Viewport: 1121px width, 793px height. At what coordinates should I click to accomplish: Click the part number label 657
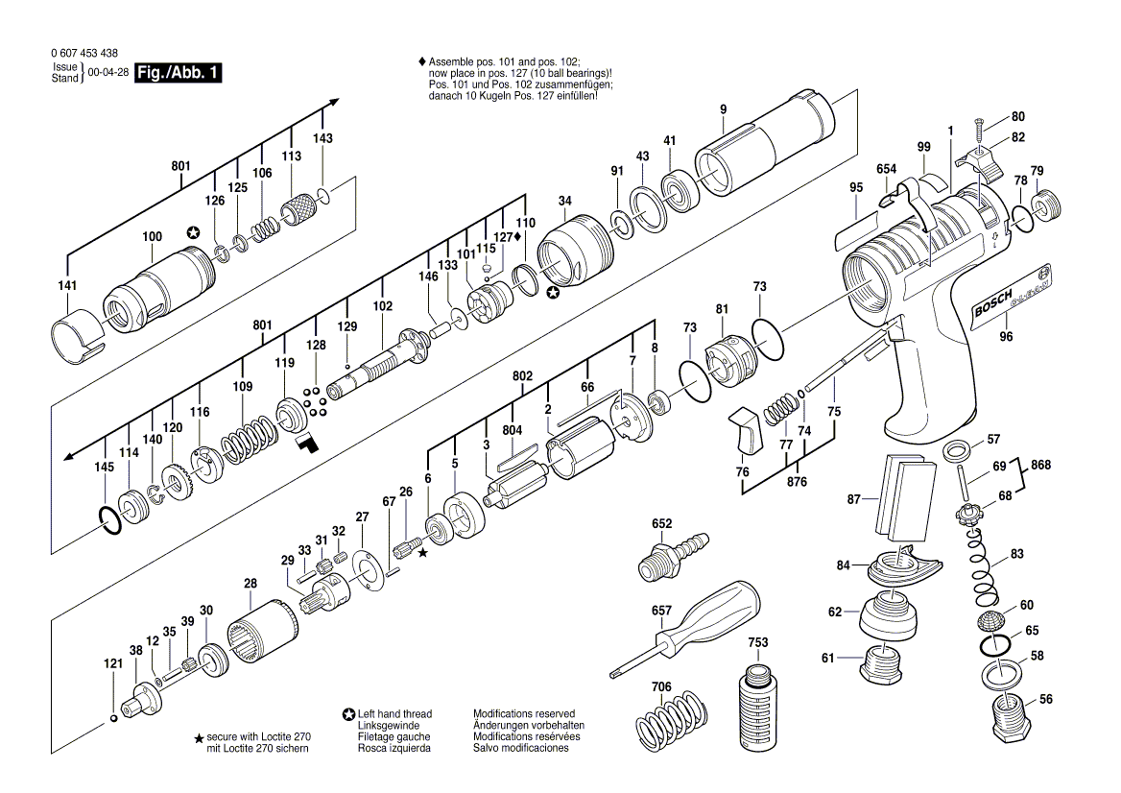coord(661,610)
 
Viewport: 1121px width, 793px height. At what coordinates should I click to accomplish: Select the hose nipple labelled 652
coord(672,557)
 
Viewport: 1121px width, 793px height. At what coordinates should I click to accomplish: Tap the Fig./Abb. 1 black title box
coord(179,73)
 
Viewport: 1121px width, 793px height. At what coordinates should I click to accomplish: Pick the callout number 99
coord(923,147)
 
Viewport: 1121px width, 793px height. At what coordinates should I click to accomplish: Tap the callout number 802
coord(522,377)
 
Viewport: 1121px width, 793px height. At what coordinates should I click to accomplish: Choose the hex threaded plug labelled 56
coord(1010,718)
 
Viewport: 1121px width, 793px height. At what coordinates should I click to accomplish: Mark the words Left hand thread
coord(394,714)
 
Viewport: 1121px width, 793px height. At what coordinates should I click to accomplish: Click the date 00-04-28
coord(107,73)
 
